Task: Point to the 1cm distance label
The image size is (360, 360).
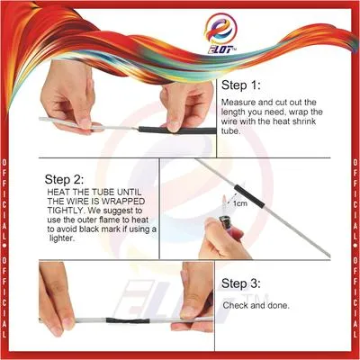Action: pos(240,203)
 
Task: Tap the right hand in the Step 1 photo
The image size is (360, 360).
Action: pos(184,99)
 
